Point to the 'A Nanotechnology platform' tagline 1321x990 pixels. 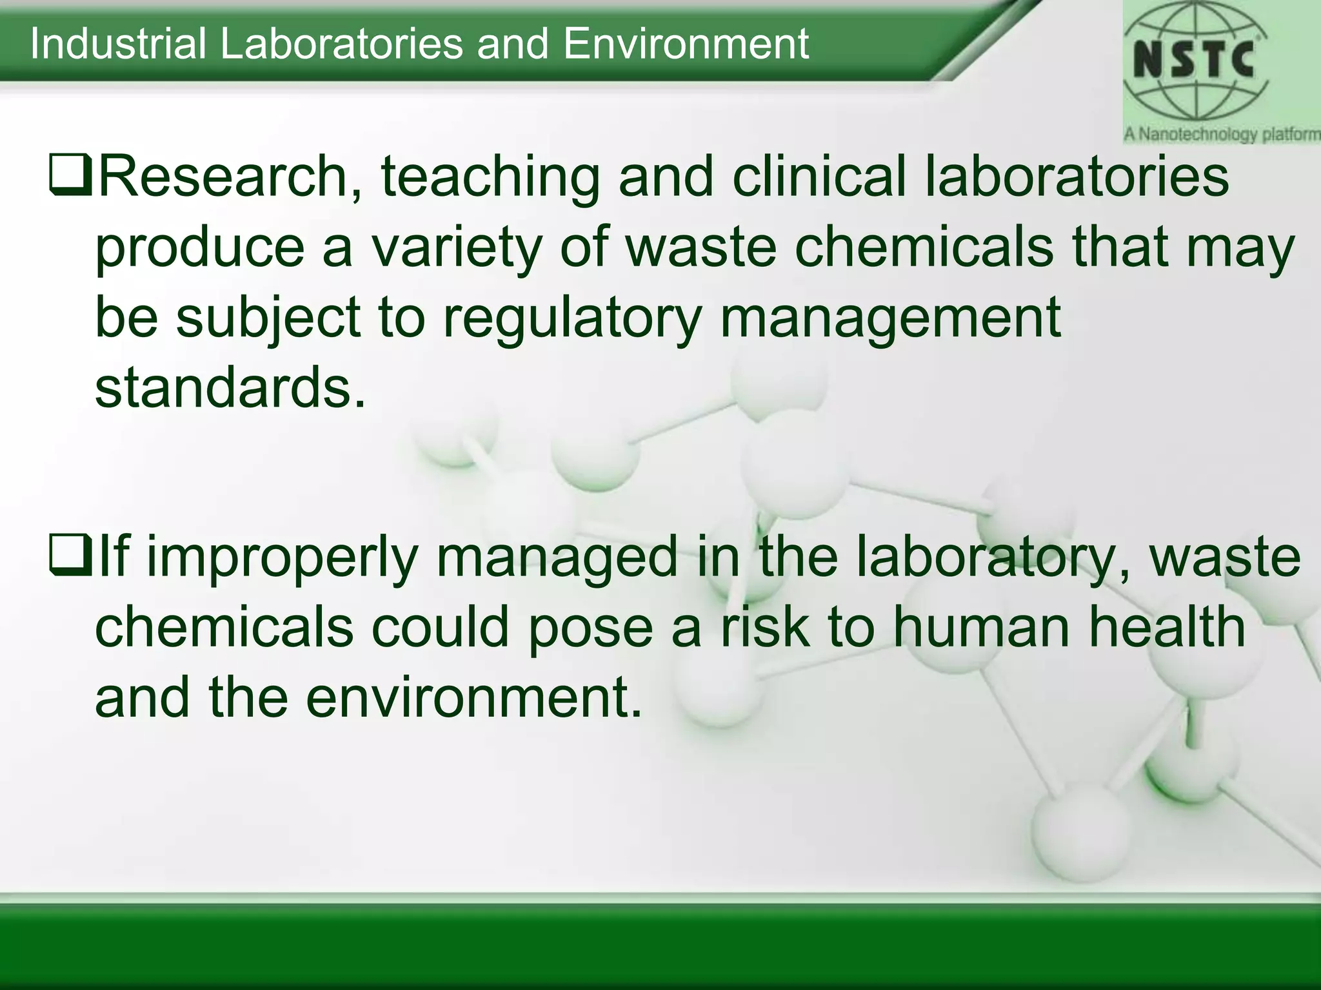point(1222,135)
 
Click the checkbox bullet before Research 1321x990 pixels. point(70,177)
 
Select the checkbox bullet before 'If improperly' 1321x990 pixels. point(70,558)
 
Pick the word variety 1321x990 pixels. point(455,247)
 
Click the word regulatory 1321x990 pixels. point(571,318)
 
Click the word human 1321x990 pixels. point(983,628)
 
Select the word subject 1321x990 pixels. point(268,318)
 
